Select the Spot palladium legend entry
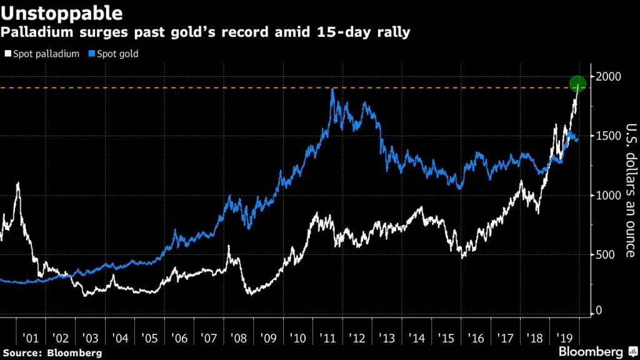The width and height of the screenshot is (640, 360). tap(42, 54)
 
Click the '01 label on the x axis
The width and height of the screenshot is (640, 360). tap(30, 338)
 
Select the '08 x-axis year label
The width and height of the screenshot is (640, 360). tap(238, 338)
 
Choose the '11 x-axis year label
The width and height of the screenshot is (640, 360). tap(327, 338)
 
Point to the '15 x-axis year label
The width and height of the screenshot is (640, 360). tap(446, 338)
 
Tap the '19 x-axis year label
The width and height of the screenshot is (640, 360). tap(564, 338)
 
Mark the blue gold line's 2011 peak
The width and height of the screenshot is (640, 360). tap(332, 89)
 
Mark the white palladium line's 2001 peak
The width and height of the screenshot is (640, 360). tap(18, 183)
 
